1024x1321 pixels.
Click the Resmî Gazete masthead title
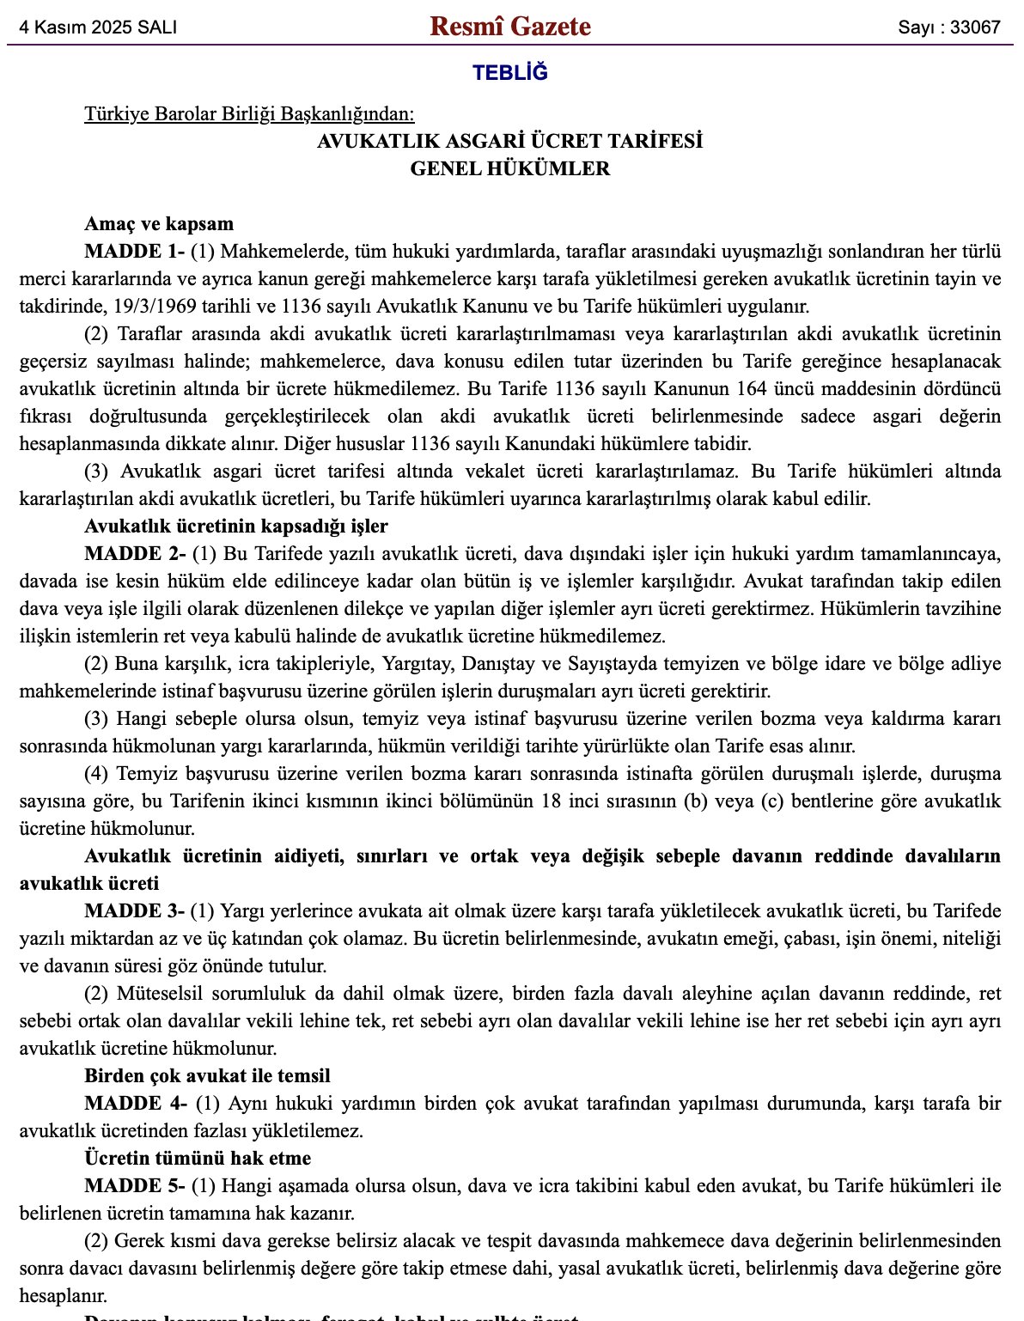pos(510,27)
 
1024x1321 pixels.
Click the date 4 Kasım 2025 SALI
pos(99,27)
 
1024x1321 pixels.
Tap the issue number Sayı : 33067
pos(949,27)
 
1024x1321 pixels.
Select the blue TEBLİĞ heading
pos(510,73)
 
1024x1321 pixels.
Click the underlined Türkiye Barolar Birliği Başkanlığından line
pos(249,114)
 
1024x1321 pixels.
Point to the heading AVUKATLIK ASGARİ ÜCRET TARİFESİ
pos(510,142)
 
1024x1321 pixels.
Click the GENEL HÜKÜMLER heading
pos(510,169)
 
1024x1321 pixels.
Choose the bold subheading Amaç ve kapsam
pos(159,224)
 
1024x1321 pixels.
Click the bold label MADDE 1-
pos(134,252)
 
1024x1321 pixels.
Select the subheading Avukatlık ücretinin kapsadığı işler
pos(236,527)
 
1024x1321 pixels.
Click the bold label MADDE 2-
pos(134,554)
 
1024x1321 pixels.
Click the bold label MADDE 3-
pos(134,911)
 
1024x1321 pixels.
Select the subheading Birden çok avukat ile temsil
pos(207,1076)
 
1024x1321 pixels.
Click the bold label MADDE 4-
pos(135,1104)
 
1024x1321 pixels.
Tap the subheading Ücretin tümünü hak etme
pos(198,1159)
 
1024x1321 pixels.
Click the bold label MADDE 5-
pos(134,1186)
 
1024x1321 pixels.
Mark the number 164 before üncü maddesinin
pos(752,389)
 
